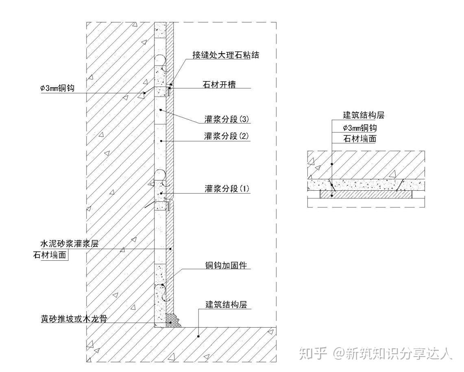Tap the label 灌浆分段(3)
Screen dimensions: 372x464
tap(226, 119)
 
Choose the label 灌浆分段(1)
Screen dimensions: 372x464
tap(226, 189)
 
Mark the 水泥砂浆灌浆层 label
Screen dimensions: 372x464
tap(69, 244)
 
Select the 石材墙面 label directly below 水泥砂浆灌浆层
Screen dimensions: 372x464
tap(50, 255)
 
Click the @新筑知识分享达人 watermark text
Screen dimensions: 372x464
tap(393, 353)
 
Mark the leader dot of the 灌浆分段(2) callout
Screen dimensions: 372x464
tap(161, 141)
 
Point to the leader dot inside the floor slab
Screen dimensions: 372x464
tap(198, 336)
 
